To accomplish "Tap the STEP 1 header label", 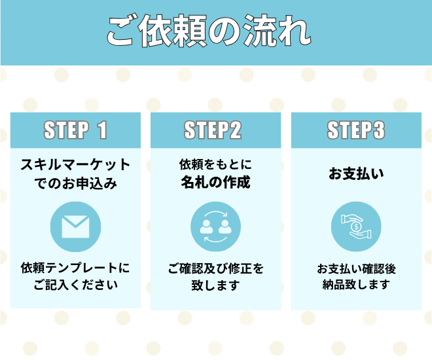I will pos(75,130).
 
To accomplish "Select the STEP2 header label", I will pos(215,130).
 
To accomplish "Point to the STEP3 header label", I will pos(355,130).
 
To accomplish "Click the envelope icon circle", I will pos(75,226).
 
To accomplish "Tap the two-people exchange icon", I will pos(215,226).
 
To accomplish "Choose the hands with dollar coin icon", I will pos(355,226).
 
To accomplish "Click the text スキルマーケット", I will pos(75,165).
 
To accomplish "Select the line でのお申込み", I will pos(75,184).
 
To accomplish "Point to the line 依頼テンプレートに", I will pos(75,268).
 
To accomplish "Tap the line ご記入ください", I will pos(75,285).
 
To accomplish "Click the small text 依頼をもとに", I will pos(215,164).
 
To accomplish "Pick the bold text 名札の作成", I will pos(215,183).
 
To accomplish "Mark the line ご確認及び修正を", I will pos(215,268).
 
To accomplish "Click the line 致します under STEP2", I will pos(215,286).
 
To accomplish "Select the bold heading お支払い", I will pos(355,174).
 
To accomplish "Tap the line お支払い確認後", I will pos(355,268).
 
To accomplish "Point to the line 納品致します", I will pos(355,285).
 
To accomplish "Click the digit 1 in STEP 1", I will pos(101,130).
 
